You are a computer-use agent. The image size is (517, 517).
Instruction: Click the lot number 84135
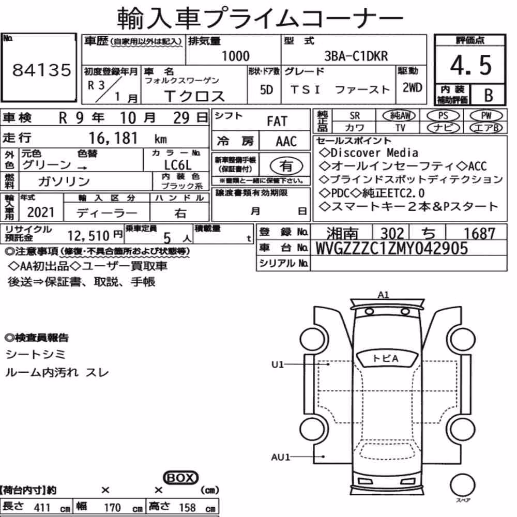41,70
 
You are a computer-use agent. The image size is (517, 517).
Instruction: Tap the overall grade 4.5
470,65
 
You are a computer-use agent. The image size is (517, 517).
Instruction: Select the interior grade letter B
489,95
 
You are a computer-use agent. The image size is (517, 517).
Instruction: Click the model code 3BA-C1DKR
356,56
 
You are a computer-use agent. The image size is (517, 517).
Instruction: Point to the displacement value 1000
235,56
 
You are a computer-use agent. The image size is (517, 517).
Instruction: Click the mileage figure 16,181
113,138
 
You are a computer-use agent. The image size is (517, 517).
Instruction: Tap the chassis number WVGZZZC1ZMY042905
392,248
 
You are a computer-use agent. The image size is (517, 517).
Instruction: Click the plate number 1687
479,234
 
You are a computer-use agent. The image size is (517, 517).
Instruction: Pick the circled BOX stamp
180,477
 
